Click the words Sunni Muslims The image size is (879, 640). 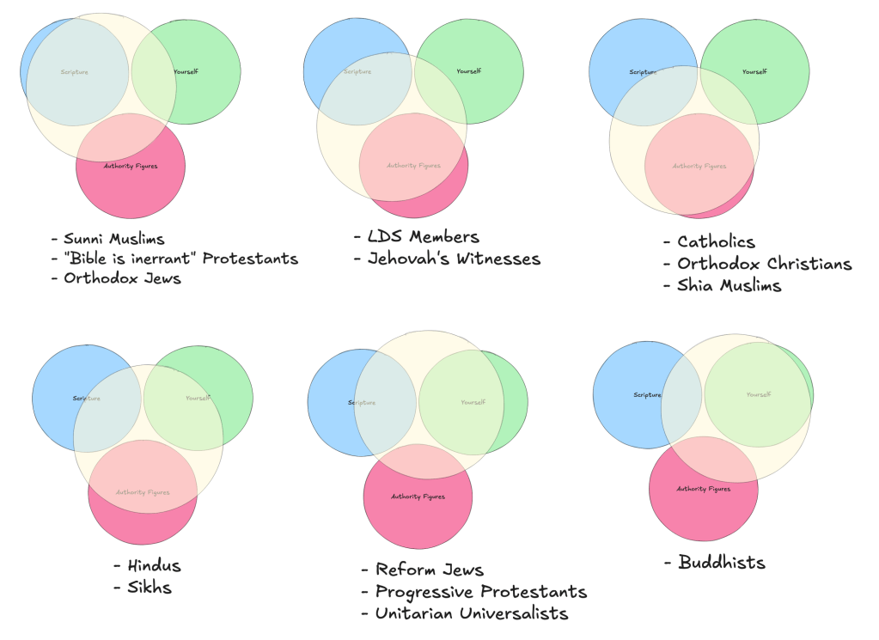click(x=113, y=238)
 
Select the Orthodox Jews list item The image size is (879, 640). click(x=122, y=277)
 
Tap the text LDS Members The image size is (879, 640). click(x=423, y=236)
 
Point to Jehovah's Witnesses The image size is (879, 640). click(x=454, y=258)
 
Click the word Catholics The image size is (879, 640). click(x=716, y=242)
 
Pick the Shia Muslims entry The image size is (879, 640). click(x=729, y=285)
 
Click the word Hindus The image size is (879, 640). click(x=154, y=566)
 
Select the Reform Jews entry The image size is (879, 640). click(x=429, y=570)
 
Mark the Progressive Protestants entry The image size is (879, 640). click(x=481, y=592)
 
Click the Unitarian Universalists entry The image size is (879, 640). click(x=472, y=613)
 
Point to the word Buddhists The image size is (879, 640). click(x=721, y=563)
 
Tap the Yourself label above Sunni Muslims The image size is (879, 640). click(x=186, y=71)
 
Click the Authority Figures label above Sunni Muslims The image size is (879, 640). click(x=131, y=165)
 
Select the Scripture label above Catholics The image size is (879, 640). click(x=643, y=71)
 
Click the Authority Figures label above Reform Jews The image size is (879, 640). click(x=418, y=497)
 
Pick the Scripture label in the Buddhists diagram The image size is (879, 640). click(x=647, y=395)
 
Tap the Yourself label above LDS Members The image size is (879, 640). click(x=468, y=71)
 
